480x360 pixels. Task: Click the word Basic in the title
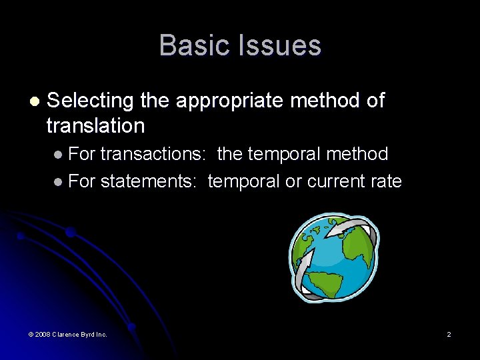(190, 45)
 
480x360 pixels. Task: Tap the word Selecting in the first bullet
(91, 101)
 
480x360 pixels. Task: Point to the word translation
(95, 125)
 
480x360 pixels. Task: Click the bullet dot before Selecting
(34, 101)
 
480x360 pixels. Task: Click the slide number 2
(449, 334)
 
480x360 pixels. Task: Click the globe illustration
(333, 257)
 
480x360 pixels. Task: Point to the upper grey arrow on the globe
(349, 229)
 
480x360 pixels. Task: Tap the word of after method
(375, 101)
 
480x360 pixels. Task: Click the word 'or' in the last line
(293, 181)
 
